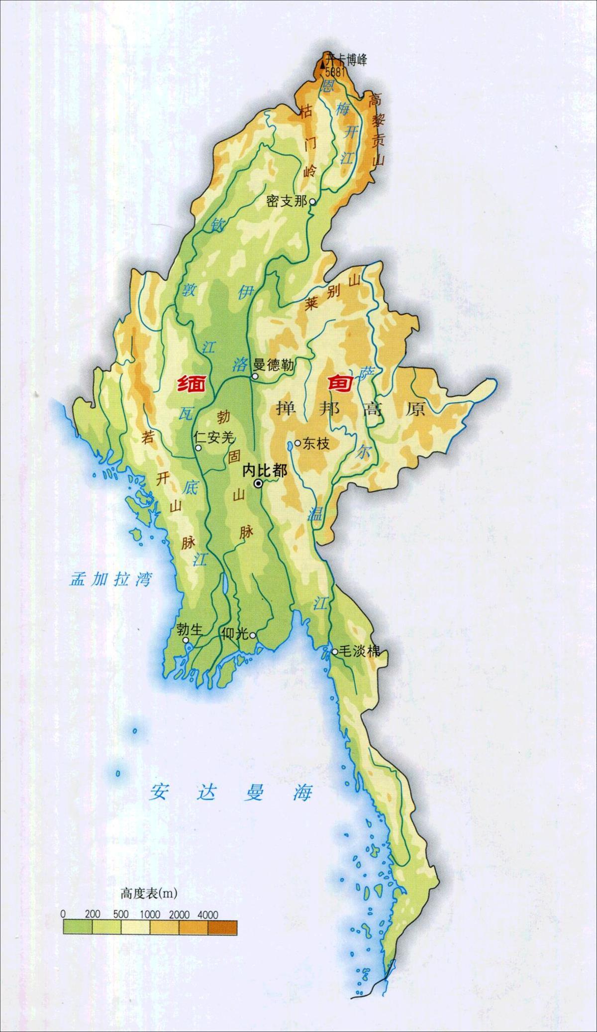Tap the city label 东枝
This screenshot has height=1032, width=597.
coord(315,444)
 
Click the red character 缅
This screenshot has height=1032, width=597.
coord(193,385)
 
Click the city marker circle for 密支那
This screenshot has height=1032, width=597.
coord(312,202)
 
